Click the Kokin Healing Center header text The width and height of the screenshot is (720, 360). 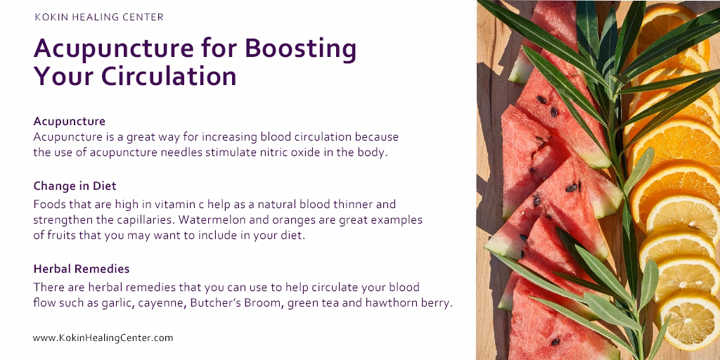(x=98, y=18)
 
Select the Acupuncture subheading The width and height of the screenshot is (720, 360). (x=70, y=122)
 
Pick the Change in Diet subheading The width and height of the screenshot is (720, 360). (x=75, y=186)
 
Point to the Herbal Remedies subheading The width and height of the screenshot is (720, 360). (x=82, y=269)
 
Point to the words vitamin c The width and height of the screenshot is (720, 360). (x=182, y=204)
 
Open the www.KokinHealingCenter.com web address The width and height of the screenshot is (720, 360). (x=103, y=338)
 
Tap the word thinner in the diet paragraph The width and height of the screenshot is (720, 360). (x=354, y=204)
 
